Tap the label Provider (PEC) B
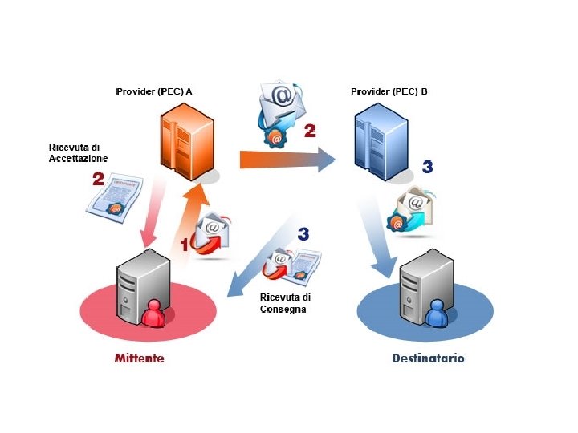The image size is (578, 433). coord(389,91)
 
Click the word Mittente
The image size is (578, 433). coord(139,358)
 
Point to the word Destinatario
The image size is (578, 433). coord(428,358)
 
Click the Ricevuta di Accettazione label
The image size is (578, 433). coord(78,153)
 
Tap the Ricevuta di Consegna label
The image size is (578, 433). coord(284,303)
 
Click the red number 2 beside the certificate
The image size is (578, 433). coord(98,180)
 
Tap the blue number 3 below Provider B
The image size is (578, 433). coord(427,167)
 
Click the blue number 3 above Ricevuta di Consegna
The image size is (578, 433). coord(303,235)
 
